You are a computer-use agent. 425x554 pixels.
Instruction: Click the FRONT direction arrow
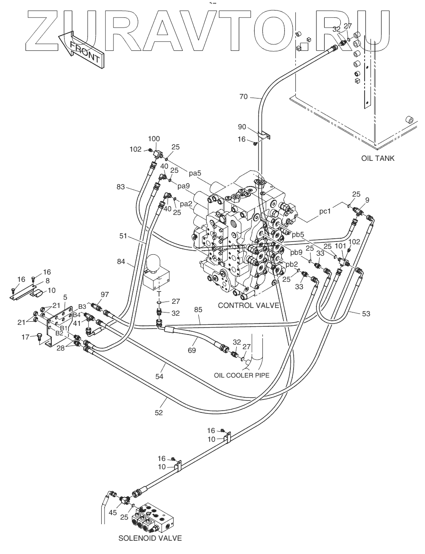pyautogui.click(x=81, y=49)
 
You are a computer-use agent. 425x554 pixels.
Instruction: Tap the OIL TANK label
pyautogui.click(x=378, y=159)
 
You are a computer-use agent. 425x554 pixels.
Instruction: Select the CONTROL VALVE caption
pyautogui.click(x=248, y=306)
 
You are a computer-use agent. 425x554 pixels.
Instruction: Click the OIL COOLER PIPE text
pyautogui.click(x=241, y=375)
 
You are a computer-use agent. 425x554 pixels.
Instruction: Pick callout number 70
pyautogui.click(x=243, y=97)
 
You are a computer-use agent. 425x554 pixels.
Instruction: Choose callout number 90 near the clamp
pyautogui.click(x=242, y=127)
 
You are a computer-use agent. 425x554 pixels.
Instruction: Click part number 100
pyautogui.click(x=154, y=139)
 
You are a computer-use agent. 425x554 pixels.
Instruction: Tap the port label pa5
pyautogui.click(x=195, y=173)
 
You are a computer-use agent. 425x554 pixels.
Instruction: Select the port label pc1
pyautogui.click(x=325, y=211)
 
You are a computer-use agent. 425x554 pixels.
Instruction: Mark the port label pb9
pyautogui.click(x=297, y=252)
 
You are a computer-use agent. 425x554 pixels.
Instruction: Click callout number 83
pyautogui.click(x=120, y=187)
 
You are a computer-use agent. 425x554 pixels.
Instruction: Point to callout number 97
pyautogui.click(x=105, y=295)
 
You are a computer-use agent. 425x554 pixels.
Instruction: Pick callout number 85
pyautogui.click(x=198, y=309)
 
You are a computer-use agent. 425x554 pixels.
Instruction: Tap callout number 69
pyautogui.click(x=191, y=350)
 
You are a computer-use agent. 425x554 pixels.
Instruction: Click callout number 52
pyautogui.click(x=158, y=412)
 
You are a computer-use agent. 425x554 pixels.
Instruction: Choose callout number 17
pyautogui.click(x=25, y=337)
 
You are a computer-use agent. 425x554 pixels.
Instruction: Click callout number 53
pyautogui.click(x=366, y=313)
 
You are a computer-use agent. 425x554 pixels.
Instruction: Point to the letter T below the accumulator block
pyautogui.click(x=159, y=294)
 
